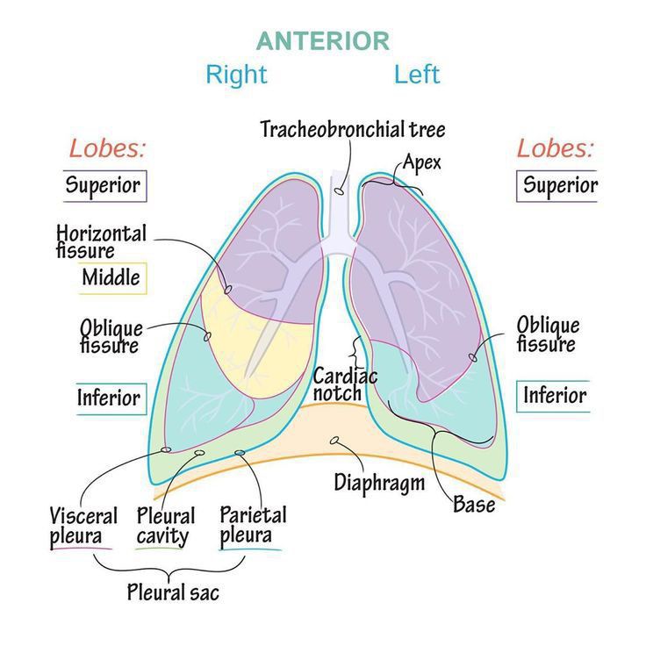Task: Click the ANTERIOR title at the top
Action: (x=322, y=41)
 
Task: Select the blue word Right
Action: (x=235, y=74)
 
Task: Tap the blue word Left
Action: (x=416, y=74)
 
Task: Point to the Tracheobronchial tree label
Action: (x=352, y=130)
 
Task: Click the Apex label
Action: (x=421, y=161)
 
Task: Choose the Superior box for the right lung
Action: (x=104, y=185)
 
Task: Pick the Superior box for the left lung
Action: (x=559, y=185)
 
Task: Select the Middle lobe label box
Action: (x=111, y=278)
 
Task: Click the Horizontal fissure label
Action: (x=101, y=241)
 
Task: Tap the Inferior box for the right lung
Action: (x=108, y=398)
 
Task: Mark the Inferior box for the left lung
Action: (x=554, y=395)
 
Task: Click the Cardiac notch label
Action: (x=344, y=384)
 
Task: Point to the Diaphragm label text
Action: (x=379, y=482)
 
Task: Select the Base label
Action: (x=474, y=505)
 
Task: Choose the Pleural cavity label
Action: (x=165, y=526)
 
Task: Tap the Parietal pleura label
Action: (x=252, y=525)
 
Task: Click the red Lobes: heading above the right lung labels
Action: (x=107, y=147)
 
